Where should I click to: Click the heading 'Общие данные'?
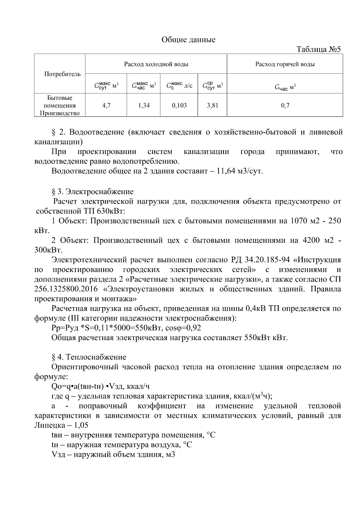click(188, 40)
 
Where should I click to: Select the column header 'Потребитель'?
click(62, 74)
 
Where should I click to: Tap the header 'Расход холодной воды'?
click(156, 64)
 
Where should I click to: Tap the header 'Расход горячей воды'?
click(285, 64)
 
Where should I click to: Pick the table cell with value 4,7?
click(106, 105)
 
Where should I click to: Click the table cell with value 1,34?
click(144, 105)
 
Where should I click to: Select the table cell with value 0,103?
click(179, 105)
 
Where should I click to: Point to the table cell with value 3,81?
click(212, 105)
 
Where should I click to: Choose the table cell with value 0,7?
click(285, 105)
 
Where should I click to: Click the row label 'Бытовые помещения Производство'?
click(60, 106)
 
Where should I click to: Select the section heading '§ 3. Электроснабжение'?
click(93, 191)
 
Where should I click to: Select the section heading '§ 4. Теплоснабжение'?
click(89, 357)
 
